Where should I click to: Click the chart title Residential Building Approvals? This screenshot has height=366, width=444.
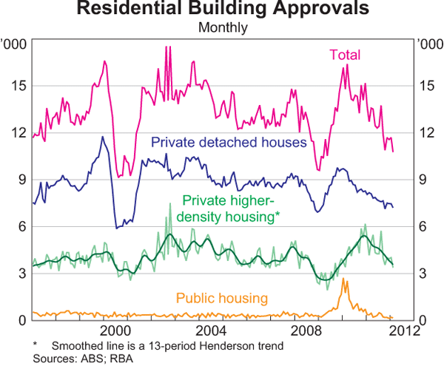(222, 10)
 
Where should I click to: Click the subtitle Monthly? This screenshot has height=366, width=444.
(222, 28)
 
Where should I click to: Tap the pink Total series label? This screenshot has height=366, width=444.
(344, 54)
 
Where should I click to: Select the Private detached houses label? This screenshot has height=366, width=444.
(228, 143)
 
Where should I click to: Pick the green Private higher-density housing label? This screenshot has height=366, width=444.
(230, 208)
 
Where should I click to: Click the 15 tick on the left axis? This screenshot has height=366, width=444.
(17, 86)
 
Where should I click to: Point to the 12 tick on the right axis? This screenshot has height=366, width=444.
(425, 132)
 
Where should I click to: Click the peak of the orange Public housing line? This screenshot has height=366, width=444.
(344, 279)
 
